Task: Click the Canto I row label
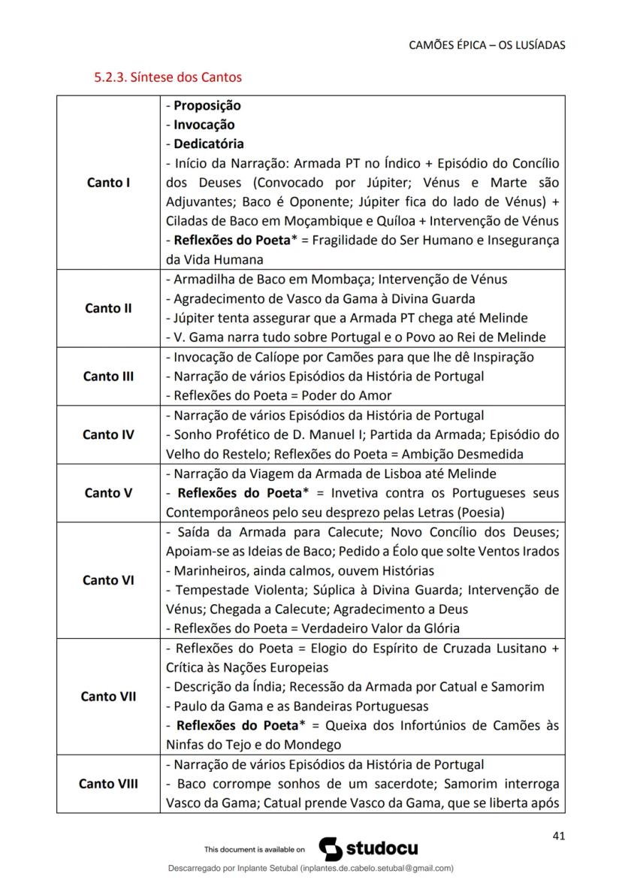108,183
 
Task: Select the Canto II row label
108,308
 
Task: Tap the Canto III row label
108,376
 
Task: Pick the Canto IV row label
108,434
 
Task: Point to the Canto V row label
108,493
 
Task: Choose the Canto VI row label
108,580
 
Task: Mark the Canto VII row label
108,697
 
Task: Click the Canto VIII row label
108,784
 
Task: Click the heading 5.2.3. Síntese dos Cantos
168,77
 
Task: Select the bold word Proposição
207,106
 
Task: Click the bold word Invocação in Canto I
204,125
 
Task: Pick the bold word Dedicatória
209,144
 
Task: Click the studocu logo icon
331,848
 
